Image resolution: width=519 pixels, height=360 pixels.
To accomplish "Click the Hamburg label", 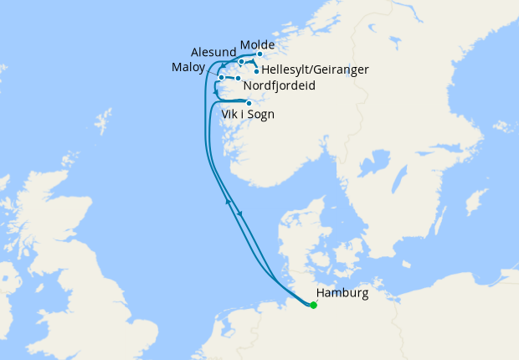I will (x=342, y=293).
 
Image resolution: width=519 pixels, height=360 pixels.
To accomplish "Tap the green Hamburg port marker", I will (x=313, y=306).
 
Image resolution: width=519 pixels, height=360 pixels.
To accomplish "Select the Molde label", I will (x=257, y=44).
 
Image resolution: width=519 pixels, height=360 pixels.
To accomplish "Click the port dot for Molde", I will (x=259, y=54).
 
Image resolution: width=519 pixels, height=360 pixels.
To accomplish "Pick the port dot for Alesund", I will (x=241, y=61).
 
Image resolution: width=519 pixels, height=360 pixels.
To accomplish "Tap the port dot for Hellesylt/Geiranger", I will (x=255, y=71).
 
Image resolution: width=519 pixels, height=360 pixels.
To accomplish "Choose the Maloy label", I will (x=188, y=66).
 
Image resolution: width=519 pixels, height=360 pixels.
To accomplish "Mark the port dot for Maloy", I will (x=220, y=79).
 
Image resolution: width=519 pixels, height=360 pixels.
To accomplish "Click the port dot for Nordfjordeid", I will (x=238, y=79).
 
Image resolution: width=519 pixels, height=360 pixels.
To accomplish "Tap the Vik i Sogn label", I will (x=249, y=114).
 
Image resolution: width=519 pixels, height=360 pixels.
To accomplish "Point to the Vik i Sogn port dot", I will (x=249, y=104).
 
